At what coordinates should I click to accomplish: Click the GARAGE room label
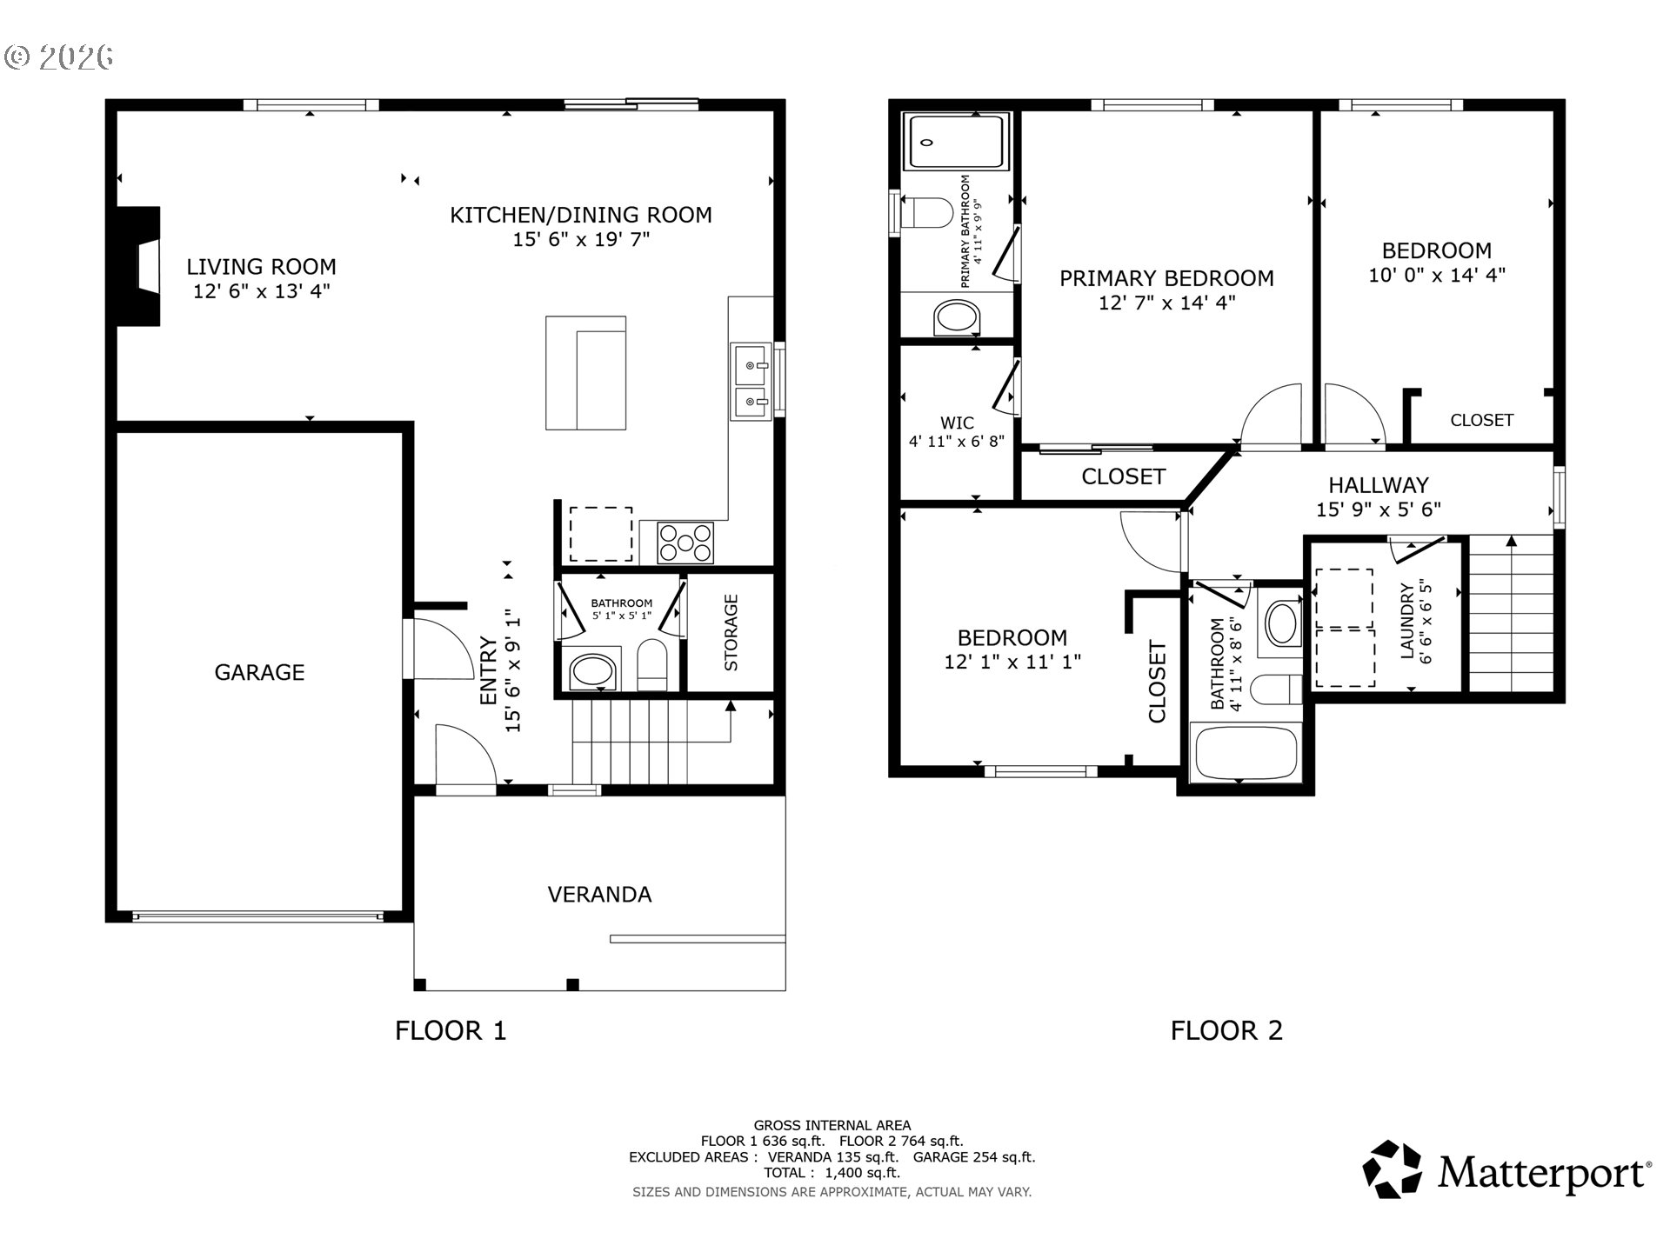click(259, 672)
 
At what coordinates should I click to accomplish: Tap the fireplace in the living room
click(139, 266)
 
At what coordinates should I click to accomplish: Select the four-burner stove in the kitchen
click(685, 543)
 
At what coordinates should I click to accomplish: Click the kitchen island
click(585, 373)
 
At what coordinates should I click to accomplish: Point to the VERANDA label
click(599, 895)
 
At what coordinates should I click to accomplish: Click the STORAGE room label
click(731, 632)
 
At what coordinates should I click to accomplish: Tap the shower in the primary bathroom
click(957, 141)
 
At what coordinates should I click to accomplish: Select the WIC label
click(957, 423)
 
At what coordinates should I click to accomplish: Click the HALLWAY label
click(1379, 485)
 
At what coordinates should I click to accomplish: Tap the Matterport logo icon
click(1393, 1169)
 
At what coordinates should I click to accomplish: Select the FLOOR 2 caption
click(1226, 1031)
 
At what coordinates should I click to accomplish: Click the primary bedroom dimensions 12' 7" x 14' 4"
click(1166, 303)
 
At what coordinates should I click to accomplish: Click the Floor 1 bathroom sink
click(592, 672)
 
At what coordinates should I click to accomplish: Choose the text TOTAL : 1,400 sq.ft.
click(832, 1173)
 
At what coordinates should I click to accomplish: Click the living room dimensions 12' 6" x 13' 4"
click(262, 291)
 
